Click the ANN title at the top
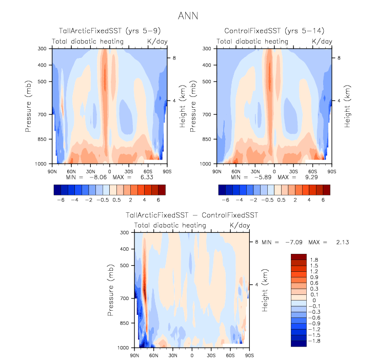click(x=188, y=16)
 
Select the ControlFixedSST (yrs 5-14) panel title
click(x=274, y=31)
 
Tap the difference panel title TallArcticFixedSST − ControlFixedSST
click(x=191, y=215)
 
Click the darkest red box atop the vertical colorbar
click(x=298, y=256)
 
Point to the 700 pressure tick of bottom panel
click(x=126, y=298)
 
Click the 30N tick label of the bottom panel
click(x=173, y=355)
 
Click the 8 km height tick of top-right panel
click(x=339, y=58)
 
